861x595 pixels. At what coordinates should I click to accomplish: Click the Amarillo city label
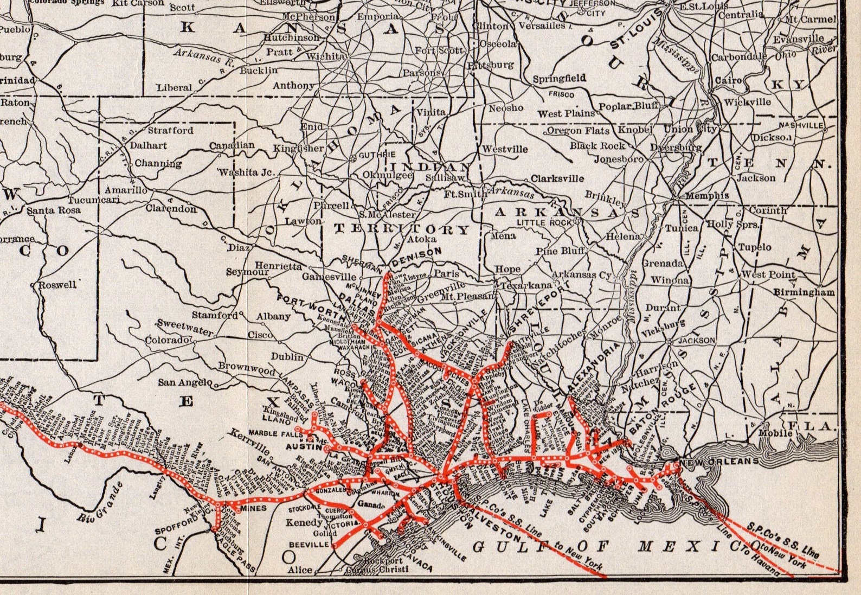tap(126, 190)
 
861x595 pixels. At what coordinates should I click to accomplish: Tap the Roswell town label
tap(59, 285)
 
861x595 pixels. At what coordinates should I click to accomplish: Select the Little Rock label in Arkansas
tap(544, 222)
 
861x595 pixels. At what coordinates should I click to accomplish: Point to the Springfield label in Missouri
tap(559, 79)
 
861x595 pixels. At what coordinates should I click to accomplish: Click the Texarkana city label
tap(526, 285)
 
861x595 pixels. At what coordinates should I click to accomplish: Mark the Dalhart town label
tap(149, 145)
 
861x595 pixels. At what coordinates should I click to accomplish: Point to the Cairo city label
tap(728, 80)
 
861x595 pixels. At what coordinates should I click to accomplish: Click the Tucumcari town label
tap(89, 200)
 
